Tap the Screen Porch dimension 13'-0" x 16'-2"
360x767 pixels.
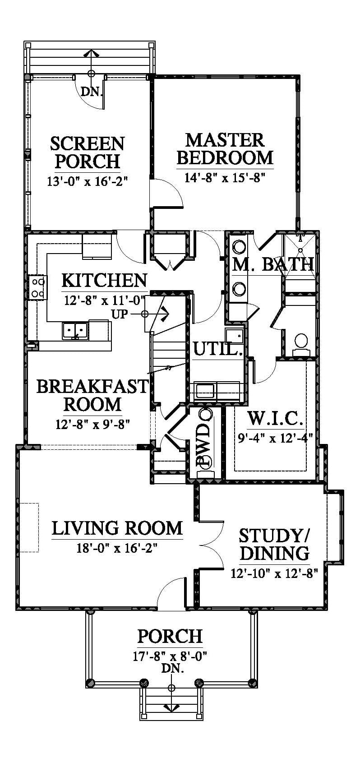coord(89,181)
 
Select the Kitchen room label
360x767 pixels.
coord(104,281)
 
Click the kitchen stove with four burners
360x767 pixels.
coord(38,288)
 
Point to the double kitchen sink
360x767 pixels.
coord(75,331)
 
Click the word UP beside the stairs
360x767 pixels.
coord(120,314)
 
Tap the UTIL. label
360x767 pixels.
coord(218,350)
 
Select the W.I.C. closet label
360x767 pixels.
coord(275,418)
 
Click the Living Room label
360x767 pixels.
coord(117,528)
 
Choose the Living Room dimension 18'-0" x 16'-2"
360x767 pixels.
coord(117,548)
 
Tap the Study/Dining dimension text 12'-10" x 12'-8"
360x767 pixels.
coord(274,573)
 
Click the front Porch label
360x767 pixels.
coord(170,637)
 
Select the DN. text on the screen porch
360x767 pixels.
coord(92,92)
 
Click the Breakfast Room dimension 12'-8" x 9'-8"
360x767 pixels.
coord(93,424)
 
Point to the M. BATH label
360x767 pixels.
coord(273,264)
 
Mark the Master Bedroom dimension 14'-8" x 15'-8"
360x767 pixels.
coord(225,178)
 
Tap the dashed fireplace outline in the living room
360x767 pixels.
coord(29,527)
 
